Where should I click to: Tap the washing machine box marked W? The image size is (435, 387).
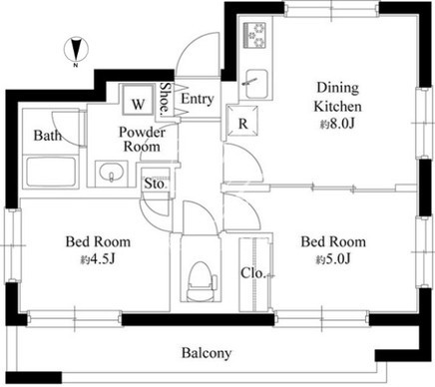pos(138,100)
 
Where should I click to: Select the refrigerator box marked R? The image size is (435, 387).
pos(242,121)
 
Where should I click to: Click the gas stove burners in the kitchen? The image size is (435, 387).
pos(255,35)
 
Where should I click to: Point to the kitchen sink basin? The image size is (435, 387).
pos(255,84)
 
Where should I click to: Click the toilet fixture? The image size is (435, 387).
pos(202,281)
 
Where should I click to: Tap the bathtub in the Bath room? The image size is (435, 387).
pos(51,173)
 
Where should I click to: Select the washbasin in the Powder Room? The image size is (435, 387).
pos(111,173)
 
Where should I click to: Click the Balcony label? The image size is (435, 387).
pos(207,353)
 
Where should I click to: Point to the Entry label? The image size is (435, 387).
pos(198,99)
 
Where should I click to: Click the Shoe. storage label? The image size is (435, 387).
pos(165,99)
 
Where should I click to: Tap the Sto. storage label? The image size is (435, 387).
pos(155,184)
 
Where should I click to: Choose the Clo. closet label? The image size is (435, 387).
pos(252,273)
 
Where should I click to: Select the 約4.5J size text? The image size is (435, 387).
pos(98,259)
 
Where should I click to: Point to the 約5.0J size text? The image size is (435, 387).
pos(333,259)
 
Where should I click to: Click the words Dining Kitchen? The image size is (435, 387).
pos(337,97)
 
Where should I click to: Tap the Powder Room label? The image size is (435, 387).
pos(142,140)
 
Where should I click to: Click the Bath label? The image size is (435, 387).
pos(48,136)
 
